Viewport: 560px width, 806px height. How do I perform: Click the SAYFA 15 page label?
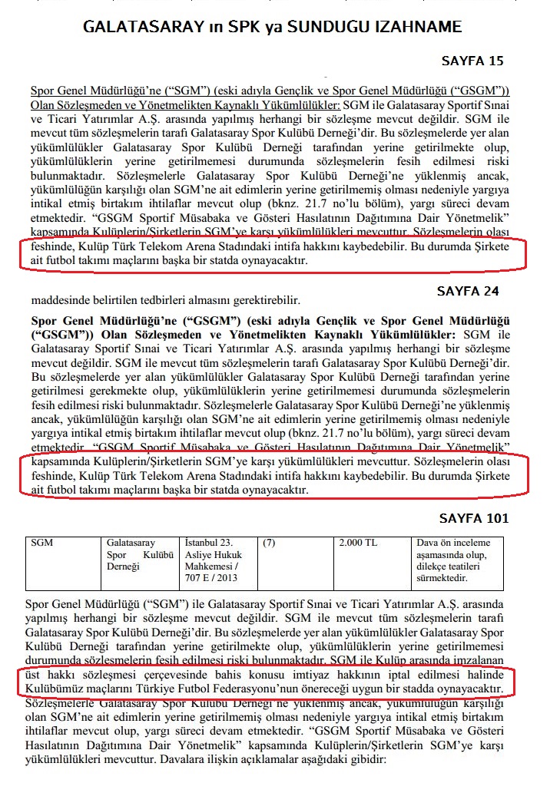click(x=472, y=61)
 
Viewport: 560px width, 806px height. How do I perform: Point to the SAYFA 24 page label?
click(x=468, y=291)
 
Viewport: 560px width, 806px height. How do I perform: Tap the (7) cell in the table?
click(x=269, y=542)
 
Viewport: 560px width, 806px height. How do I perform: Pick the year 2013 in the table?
click(x=227, y=577)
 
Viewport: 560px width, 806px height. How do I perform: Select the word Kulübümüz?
click(x=57, y=689)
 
